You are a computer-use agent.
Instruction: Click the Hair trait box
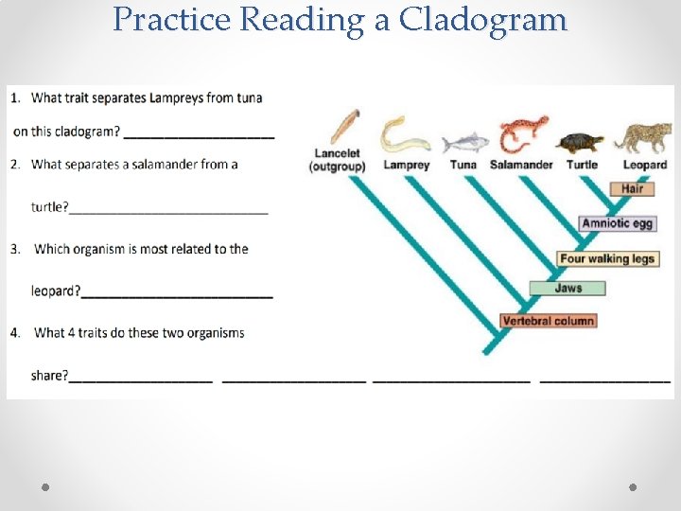tap(632, 189)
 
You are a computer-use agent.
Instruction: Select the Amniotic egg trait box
tap(618, 224)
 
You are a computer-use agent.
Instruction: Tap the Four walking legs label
tap(606, 258)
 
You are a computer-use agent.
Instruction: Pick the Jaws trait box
tap(567, 289)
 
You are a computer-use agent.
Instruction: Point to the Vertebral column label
tap(548, 322)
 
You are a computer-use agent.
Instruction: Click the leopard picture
tap(642, 137)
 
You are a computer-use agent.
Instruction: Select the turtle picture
tap(582, 142)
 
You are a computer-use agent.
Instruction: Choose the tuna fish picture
tap(463, 142)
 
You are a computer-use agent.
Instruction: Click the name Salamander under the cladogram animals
tap(521, 166)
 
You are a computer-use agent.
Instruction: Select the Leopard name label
tap(644, 166)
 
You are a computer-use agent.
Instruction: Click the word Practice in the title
tap(170, 19)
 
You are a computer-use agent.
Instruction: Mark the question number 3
tap(15, 250)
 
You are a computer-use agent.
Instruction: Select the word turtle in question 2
tap(49, 207)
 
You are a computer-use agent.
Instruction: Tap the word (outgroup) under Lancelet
tap(338, 167)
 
